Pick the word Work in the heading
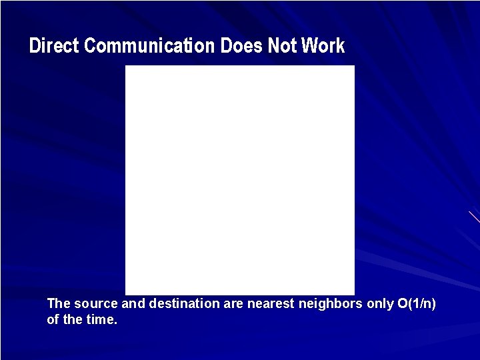(x=323, y=46)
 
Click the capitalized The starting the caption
(x=59, y=304)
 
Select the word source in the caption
(x=96, y=304)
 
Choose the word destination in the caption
(x=184, y=304)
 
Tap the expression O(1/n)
(x=417, y=304)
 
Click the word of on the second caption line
(x=53, y=320)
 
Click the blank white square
(x=240, y=180)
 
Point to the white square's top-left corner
(x=126, y=66)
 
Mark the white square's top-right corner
(x=354, y=66)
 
